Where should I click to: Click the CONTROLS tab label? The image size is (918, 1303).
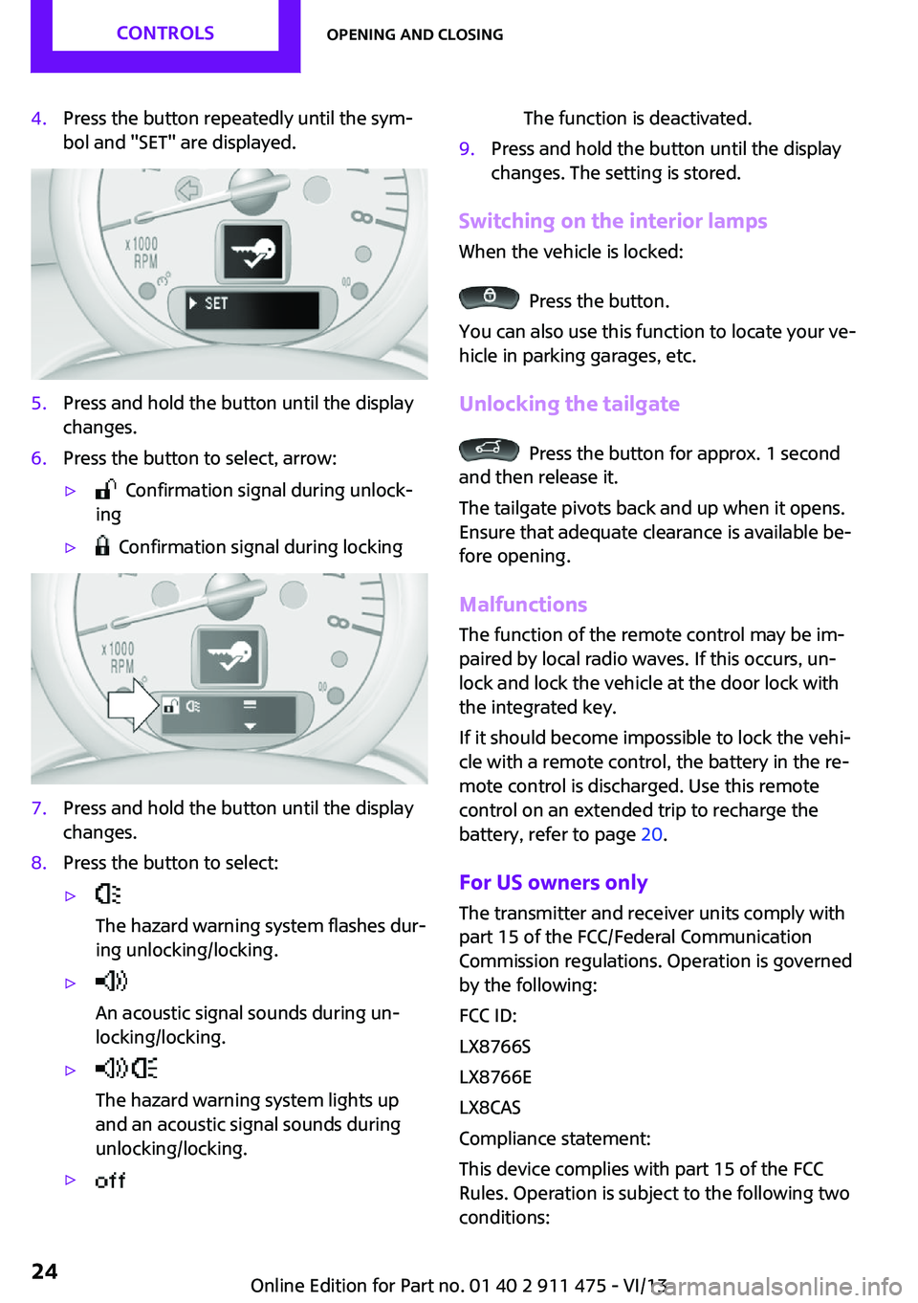[164, 33]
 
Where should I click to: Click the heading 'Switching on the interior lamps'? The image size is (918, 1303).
[612, 221]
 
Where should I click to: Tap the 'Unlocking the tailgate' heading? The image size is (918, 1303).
[569, 404]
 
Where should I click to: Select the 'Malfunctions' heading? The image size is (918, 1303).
[523, 605]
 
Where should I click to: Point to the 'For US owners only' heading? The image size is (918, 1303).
[553, 882]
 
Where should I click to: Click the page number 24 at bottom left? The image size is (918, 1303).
[44, 1270]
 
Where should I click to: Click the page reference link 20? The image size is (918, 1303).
[651, 834]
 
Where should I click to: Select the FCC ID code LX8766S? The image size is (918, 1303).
[494, 1047]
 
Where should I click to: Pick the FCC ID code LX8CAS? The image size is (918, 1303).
[490, 1108]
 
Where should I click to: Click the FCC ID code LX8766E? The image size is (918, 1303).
[494, 1077]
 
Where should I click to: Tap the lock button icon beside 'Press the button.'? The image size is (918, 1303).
[489, 298]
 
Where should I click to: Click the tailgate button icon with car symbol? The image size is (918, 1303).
[489, 450]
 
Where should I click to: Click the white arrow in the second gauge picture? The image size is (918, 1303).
[133, 705]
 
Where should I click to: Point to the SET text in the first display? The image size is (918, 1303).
[216, 303]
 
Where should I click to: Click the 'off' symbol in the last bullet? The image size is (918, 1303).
[110, 1181]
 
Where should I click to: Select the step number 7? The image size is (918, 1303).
[38, 808]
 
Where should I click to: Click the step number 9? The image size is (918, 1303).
[467, 149]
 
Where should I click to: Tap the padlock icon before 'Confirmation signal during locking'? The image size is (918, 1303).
[102, 546]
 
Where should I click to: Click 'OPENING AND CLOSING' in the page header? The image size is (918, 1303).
[414, 34]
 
